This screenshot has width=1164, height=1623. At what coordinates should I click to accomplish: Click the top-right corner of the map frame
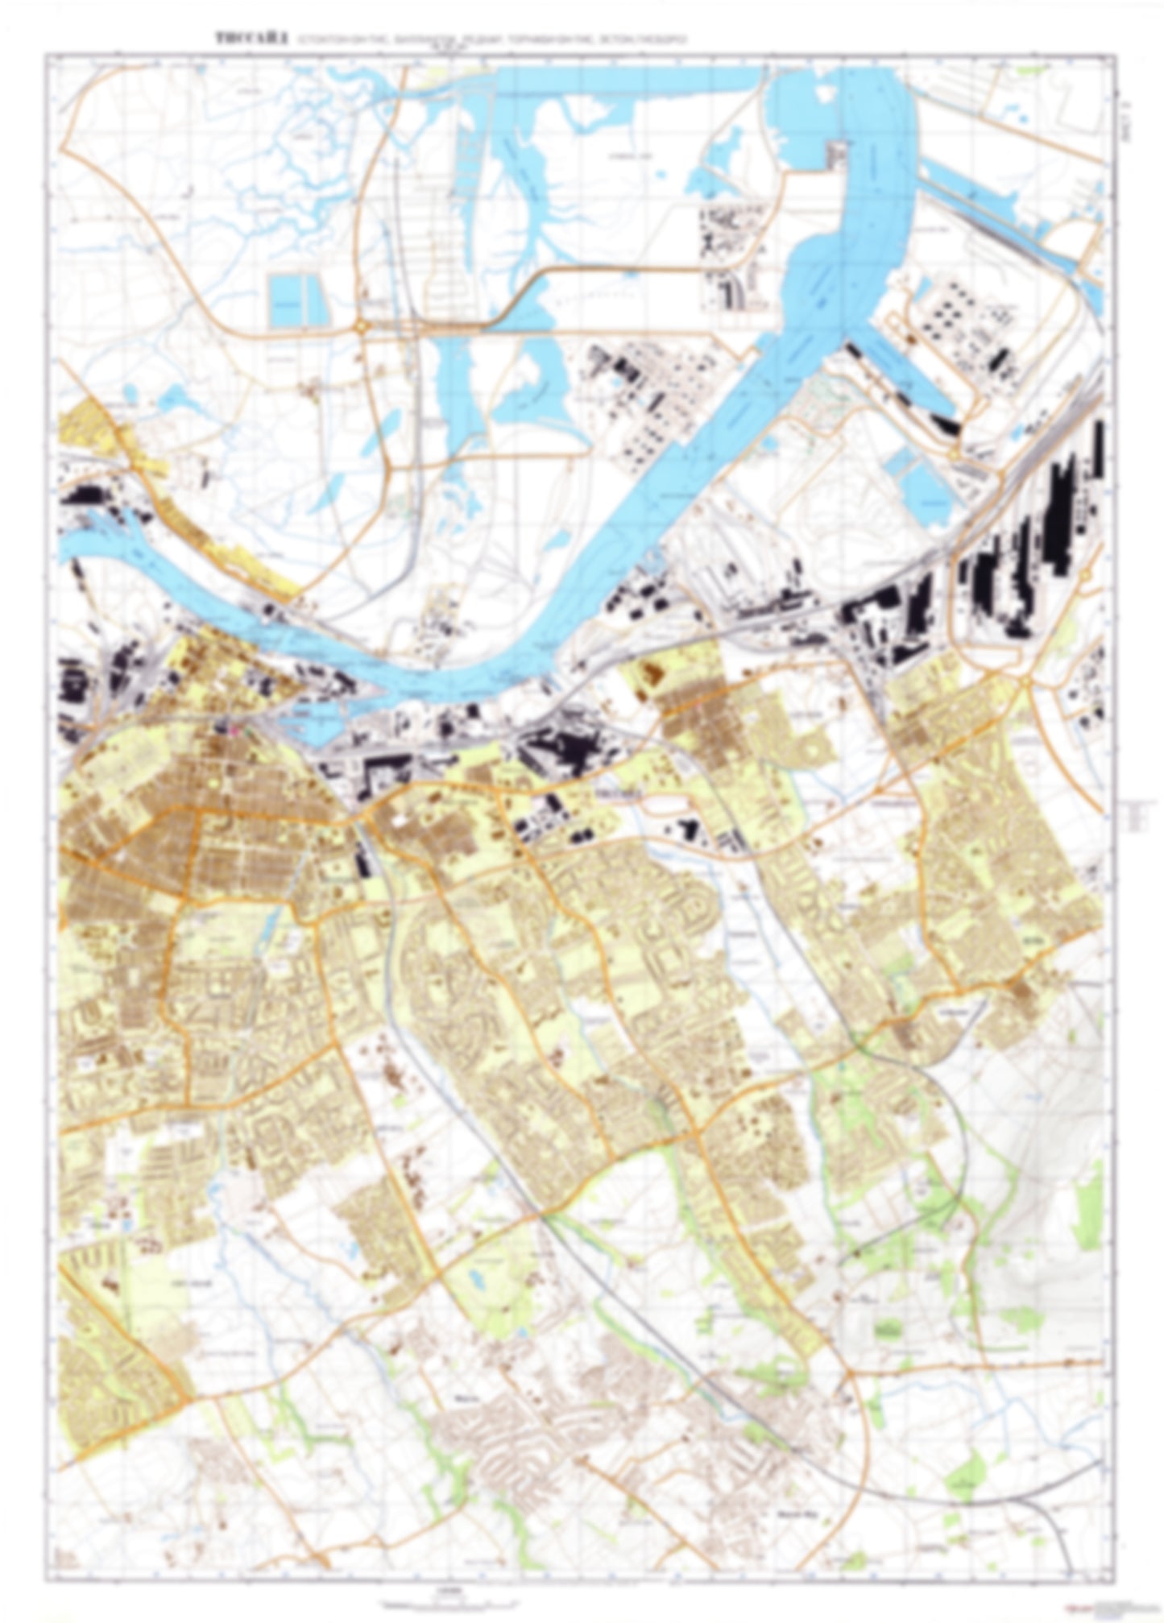[1118, 54]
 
